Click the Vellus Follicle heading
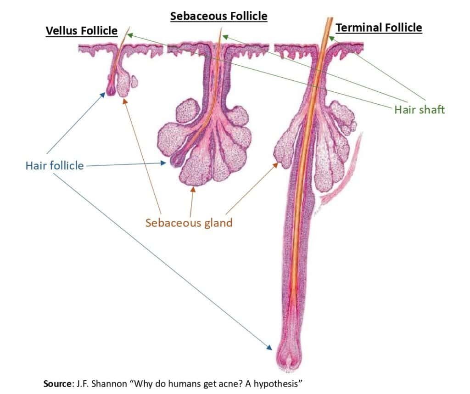click(82, 31)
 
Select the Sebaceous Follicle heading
click(218, 16)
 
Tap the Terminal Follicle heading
click(379, 28)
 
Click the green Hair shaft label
click(420, 109)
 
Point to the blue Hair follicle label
click(55, 165)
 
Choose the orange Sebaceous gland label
click(189, 223)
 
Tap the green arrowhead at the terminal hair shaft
click(331, 39)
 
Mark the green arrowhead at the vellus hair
click(130, 35)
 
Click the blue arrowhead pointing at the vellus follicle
click(103, 95)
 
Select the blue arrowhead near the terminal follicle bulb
click(269, 348)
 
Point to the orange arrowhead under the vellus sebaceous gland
click(125, 101)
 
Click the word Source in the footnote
click(57, 383)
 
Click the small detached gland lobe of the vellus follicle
click(134, 81)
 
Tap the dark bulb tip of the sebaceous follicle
click(176, 161)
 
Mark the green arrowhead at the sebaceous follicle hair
click(225, 37)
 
